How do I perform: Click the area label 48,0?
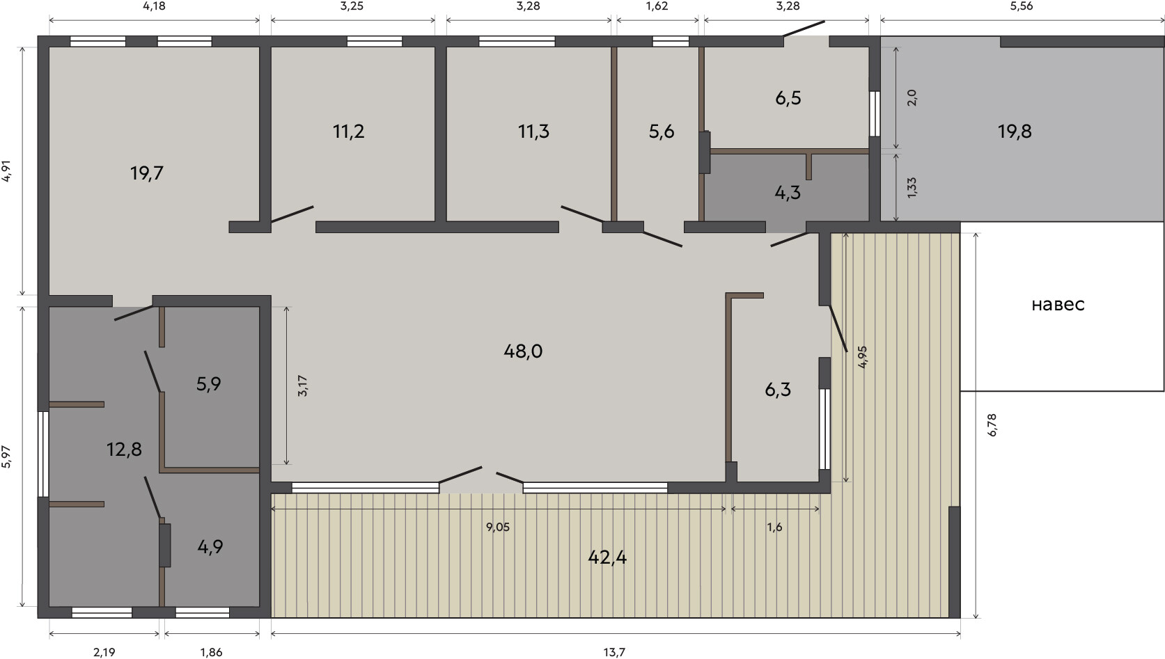523,352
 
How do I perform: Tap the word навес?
1058,305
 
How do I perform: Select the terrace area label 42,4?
607,557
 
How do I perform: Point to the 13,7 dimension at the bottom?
614,652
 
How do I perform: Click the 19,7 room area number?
147,173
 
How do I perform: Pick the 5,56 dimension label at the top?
1021,6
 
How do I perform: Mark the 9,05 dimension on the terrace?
498,527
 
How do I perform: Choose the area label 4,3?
788,193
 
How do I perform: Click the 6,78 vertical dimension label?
992,424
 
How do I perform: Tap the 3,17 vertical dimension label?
302,386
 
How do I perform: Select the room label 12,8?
124,449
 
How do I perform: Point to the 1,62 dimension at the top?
657,6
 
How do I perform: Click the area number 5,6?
662,132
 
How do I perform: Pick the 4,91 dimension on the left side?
7,170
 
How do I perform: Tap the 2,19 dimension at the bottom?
104,652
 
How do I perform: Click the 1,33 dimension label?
912,188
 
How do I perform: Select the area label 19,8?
1015,132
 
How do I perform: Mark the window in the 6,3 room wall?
824,429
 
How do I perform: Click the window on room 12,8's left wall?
43,454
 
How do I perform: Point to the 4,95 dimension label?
863,357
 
